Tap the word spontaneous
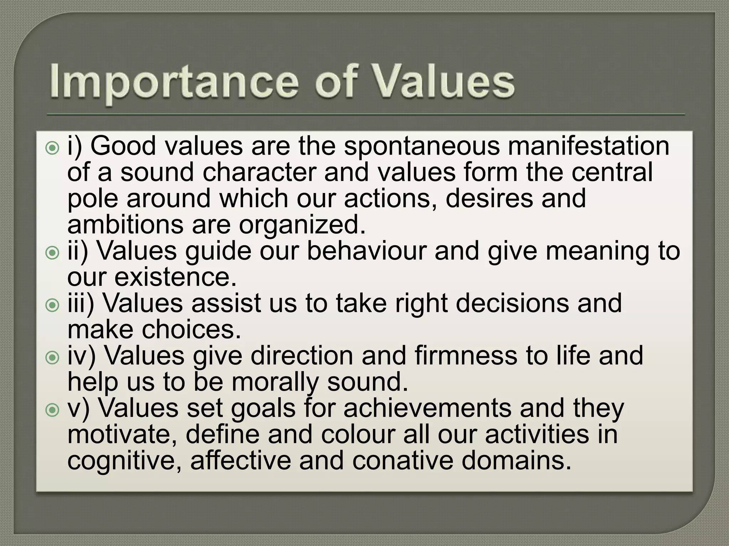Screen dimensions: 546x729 (x=422, y=146)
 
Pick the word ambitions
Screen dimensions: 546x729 (x=125, y=225)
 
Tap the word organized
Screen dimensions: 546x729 (x=302, y=225)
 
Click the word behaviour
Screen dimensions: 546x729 (x=366, y=251)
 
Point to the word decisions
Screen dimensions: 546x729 (x=512, y=303)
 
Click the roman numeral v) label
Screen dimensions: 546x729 (x=79, y=409)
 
